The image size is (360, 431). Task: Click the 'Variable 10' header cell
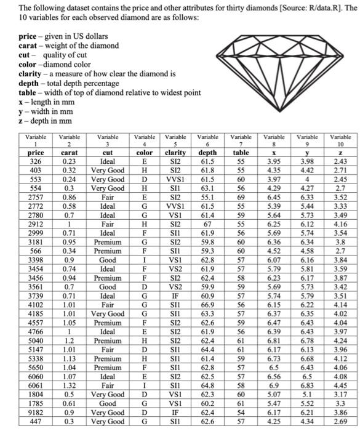click(340, 141)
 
